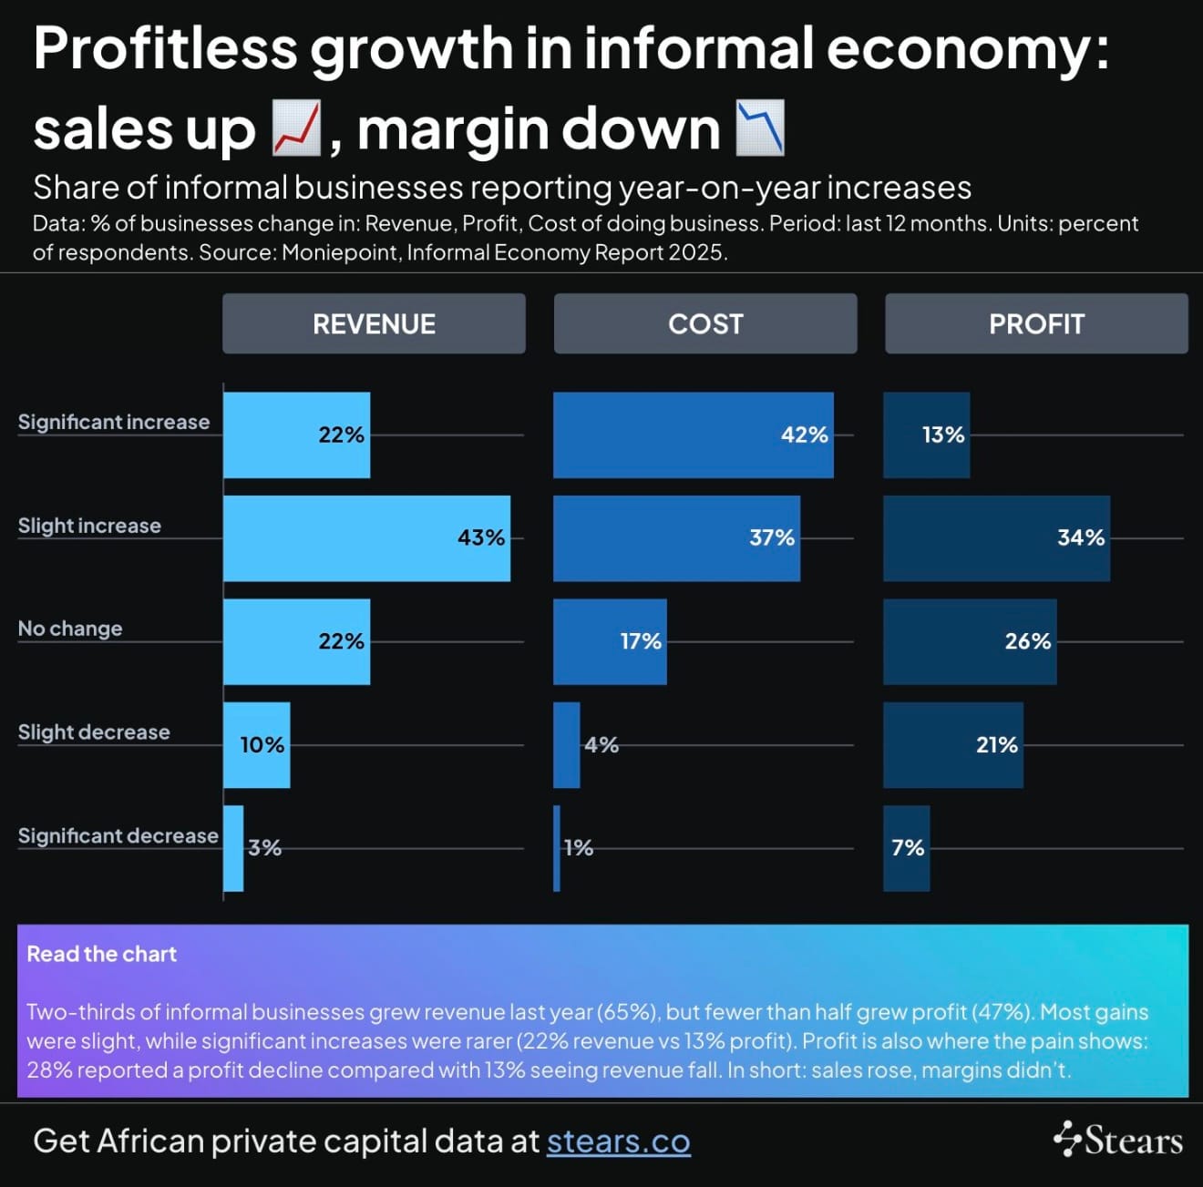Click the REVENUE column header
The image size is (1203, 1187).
pos(374,323)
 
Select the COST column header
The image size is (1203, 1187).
pos(705,323)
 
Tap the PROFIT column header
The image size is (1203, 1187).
pos(1036,323)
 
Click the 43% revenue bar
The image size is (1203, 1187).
pos(366,538)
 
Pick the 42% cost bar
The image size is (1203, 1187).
pos(693,435)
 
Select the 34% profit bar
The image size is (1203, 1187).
pos(996,538)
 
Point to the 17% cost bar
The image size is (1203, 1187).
pos(610,641)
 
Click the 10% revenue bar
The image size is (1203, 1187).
pos(257,745)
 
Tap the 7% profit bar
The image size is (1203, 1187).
pos(907,848)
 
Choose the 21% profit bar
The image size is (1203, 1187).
pos(952,745)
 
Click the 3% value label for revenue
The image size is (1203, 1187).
pos(265,848)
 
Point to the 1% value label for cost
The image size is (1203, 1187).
pos(579,848)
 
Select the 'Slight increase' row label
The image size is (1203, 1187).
pos(89,526)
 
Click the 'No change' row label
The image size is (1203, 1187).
pos(70,629)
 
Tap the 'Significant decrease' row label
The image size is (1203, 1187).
pos(118,835)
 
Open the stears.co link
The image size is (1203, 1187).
pos(618,1141)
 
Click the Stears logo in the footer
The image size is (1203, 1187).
pos(1118,1140)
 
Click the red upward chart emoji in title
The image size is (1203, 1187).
pos(297,128)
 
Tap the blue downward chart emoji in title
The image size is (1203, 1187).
pos(760,128)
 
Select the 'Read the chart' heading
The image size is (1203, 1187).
pos(102,954)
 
